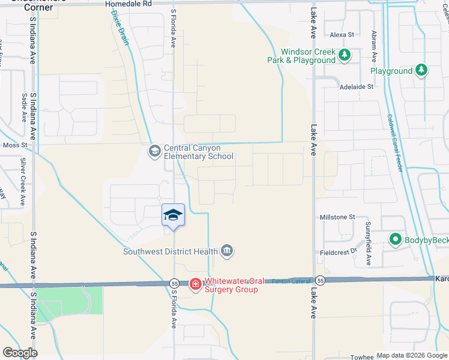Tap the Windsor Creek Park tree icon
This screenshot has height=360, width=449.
[x=344, y=56]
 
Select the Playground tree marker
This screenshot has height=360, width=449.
[x=421, y=71]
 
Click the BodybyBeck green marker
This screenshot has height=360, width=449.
[x=395, y=240]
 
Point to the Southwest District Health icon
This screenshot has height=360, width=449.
[x=227, y=251]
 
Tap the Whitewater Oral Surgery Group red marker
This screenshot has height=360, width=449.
[x=195, y=284]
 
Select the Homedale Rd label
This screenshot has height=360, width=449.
[x=128, y=4]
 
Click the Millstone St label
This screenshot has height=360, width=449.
[x=338, y=217]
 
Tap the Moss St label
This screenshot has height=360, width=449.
[x=16, y=145]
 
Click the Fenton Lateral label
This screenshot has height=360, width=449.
[x=291, y=281]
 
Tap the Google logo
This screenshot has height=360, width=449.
[x=20, y=353]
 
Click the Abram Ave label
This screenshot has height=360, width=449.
[x=374, y=47]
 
